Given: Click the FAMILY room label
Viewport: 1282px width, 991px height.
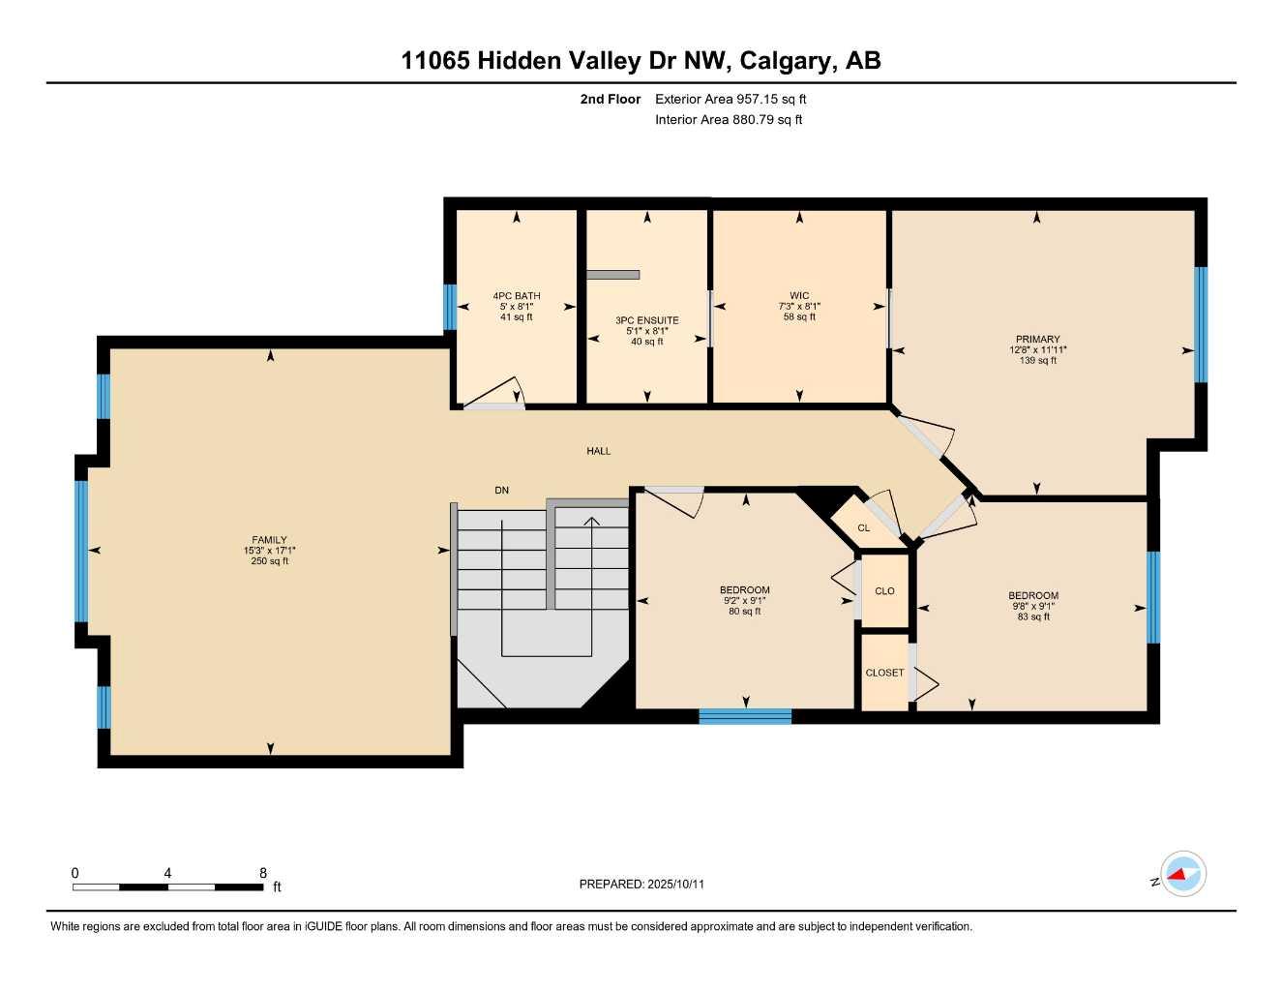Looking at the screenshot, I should tap(269, 540).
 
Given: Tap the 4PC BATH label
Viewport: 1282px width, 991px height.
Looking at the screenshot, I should tap(517, 296).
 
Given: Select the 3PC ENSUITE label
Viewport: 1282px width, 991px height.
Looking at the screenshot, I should tap(647, 320).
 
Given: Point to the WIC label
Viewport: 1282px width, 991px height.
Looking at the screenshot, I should tap(799, 296).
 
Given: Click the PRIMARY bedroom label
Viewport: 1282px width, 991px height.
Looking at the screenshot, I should tap(1037, 340).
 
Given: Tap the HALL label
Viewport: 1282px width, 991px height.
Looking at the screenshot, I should tap(598, 451).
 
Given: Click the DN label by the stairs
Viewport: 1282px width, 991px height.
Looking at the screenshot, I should tap(501, 491).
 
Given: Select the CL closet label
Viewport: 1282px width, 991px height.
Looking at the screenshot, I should tap(863, 528).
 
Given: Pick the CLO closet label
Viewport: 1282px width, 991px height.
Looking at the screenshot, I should tap(884, 591).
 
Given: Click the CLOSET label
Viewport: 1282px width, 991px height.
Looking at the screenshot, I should tap(884, 673).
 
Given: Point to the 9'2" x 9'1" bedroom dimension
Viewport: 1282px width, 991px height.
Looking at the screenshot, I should tap(744, 601).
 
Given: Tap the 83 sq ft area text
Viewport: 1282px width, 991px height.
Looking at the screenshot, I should tap(1033, 617).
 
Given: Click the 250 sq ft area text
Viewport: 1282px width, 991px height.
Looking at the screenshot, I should tap(269, 561).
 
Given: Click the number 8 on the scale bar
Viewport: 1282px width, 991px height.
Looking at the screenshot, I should tap(263, 873).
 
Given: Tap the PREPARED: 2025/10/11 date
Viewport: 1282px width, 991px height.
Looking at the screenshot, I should tap(641, 884).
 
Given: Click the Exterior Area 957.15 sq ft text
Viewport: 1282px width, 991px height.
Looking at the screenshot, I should tap(730, 99).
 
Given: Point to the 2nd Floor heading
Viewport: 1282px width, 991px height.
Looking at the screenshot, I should tap(611, 99).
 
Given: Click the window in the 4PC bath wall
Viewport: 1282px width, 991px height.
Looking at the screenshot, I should tap(450, 307).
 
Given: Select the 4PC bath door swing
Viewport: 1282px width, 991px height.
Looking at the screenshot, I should tap(497, 395).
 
